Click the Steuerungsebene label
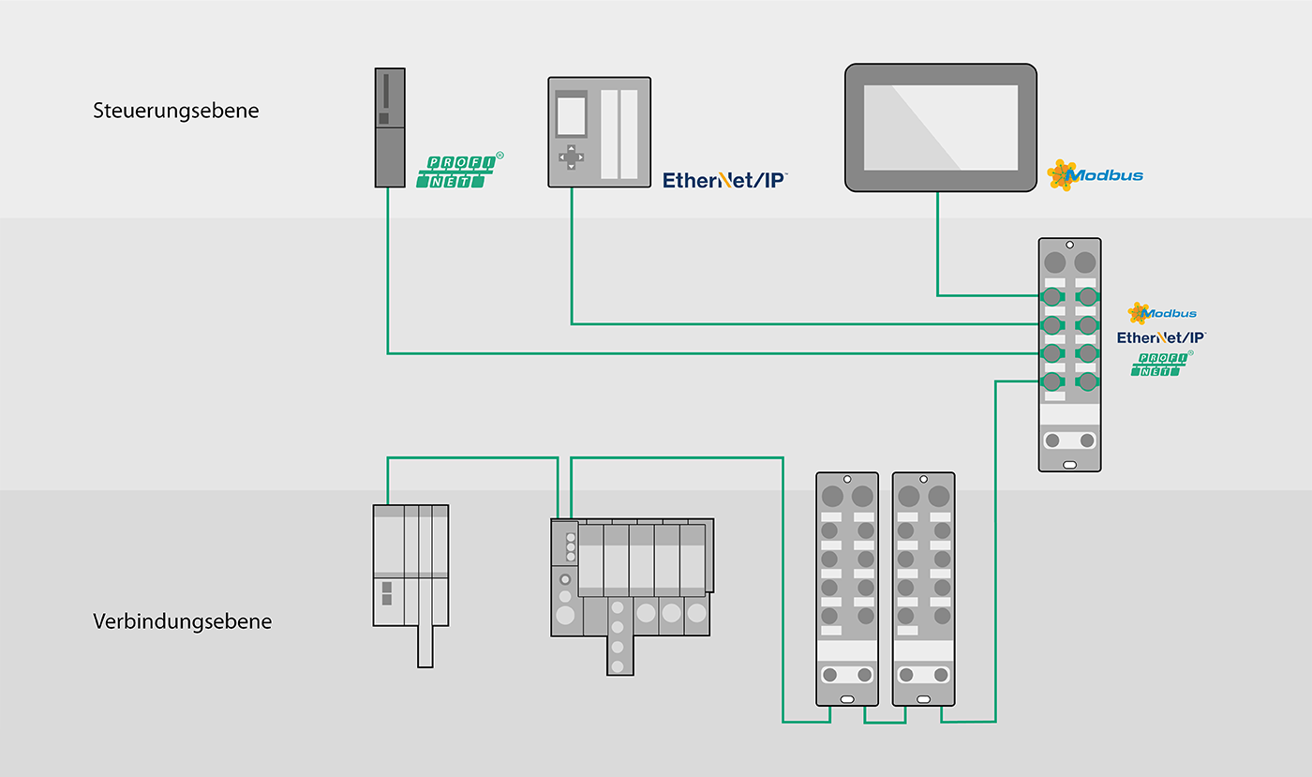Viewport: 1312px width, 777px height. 176,111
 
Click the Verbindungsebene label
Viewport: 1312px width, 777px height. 182,621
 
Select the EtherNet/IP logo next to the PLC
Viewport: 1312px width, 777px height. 725,180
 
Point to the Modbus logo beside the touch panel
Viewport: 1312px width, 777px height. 1095,175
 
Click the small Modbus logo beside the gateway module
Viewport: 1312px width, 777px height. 1162,313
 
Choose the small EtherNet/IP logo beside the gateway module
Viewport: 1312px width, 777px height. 1161,337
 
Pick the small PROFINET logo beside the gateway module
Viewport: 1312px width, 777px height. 1161,364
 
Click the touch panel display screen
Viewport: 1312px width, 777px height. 941,127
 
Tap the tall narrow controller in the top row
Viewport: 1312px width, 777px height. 390,127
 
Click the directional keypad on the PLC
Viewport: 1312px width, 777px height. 571,157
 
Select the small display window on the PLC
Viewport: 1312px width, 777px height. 571,115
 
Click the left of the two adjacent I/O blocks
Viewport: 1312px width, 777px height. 847,589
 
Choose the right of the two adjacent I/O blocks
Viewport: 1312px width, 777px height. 924,589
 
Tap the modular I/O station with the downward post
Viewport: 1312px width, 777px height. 632,595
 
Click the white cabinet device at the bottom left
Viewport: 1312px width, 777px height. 411,585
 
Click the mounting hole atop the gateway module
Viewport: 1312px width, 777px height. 1069,245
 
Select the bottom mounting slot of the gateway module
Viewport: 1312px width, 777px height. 1069,465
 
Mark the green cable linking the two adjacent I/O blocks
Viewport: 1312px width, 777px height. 885,723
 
